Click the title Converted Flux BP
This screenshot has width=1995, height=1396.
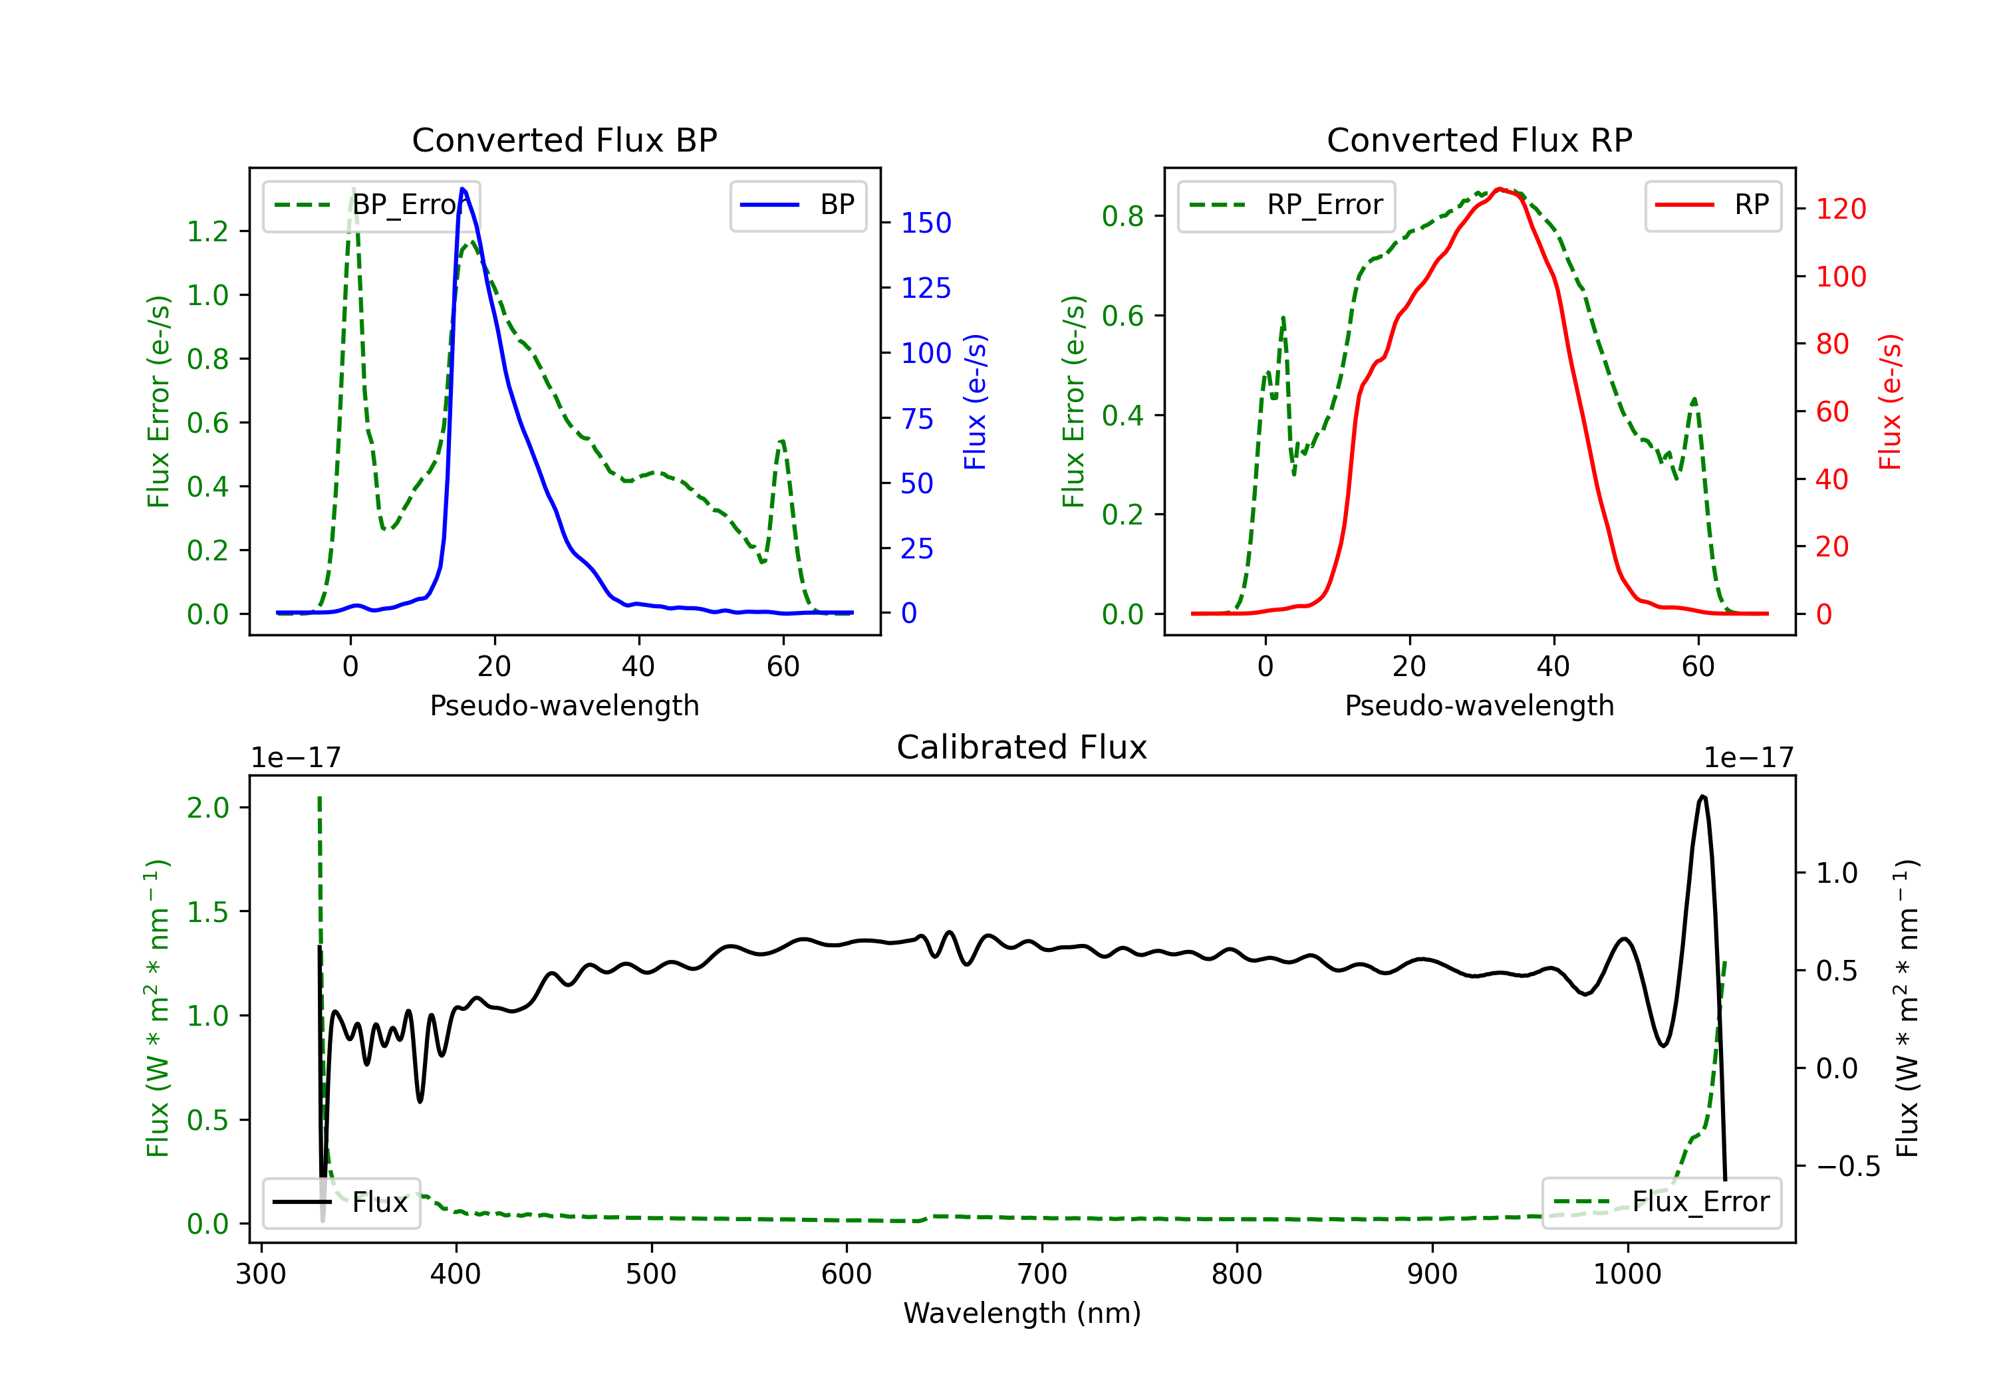[564, 140]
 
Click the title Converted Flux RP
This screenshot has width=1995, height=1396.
[1479, 140]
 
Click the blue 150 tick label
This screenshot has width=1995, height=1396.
[926, 223]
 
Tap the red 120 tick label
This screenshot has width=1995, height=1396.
[1840, 209]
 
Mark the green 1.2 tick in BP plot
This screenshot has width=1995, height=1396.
[207, 231]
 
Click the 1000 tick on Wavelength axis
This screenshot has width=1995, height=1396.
[1627, 1274]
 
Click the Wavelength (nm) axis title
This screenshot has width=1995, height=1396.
[1022, 1313]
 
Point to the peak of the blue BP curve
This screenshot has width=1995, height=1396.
[462, 189]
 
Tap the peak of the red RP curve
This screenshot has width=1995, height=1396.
[1499, 189]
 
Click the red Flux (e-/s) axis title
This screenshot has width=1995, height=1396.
[1890, 402]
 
